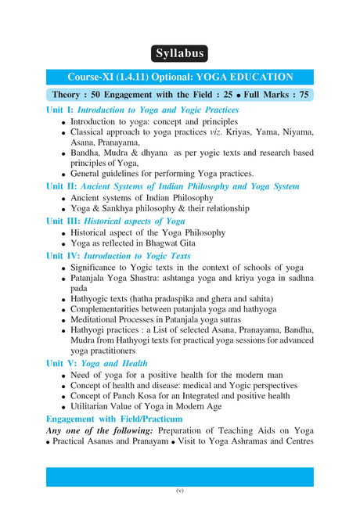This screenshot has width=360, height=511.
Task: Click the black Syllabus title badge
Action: (180, 54)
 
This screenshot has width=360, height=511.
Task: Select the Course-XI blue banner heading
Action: (180, 77)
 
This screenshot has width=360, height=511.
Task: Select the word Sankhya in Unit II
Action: (126, 209)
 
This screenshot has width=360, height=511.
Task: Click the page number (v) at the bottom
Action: (179, 491)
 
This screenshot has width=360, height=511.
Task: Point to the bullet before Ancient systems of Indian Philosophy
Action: (63, 198)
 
